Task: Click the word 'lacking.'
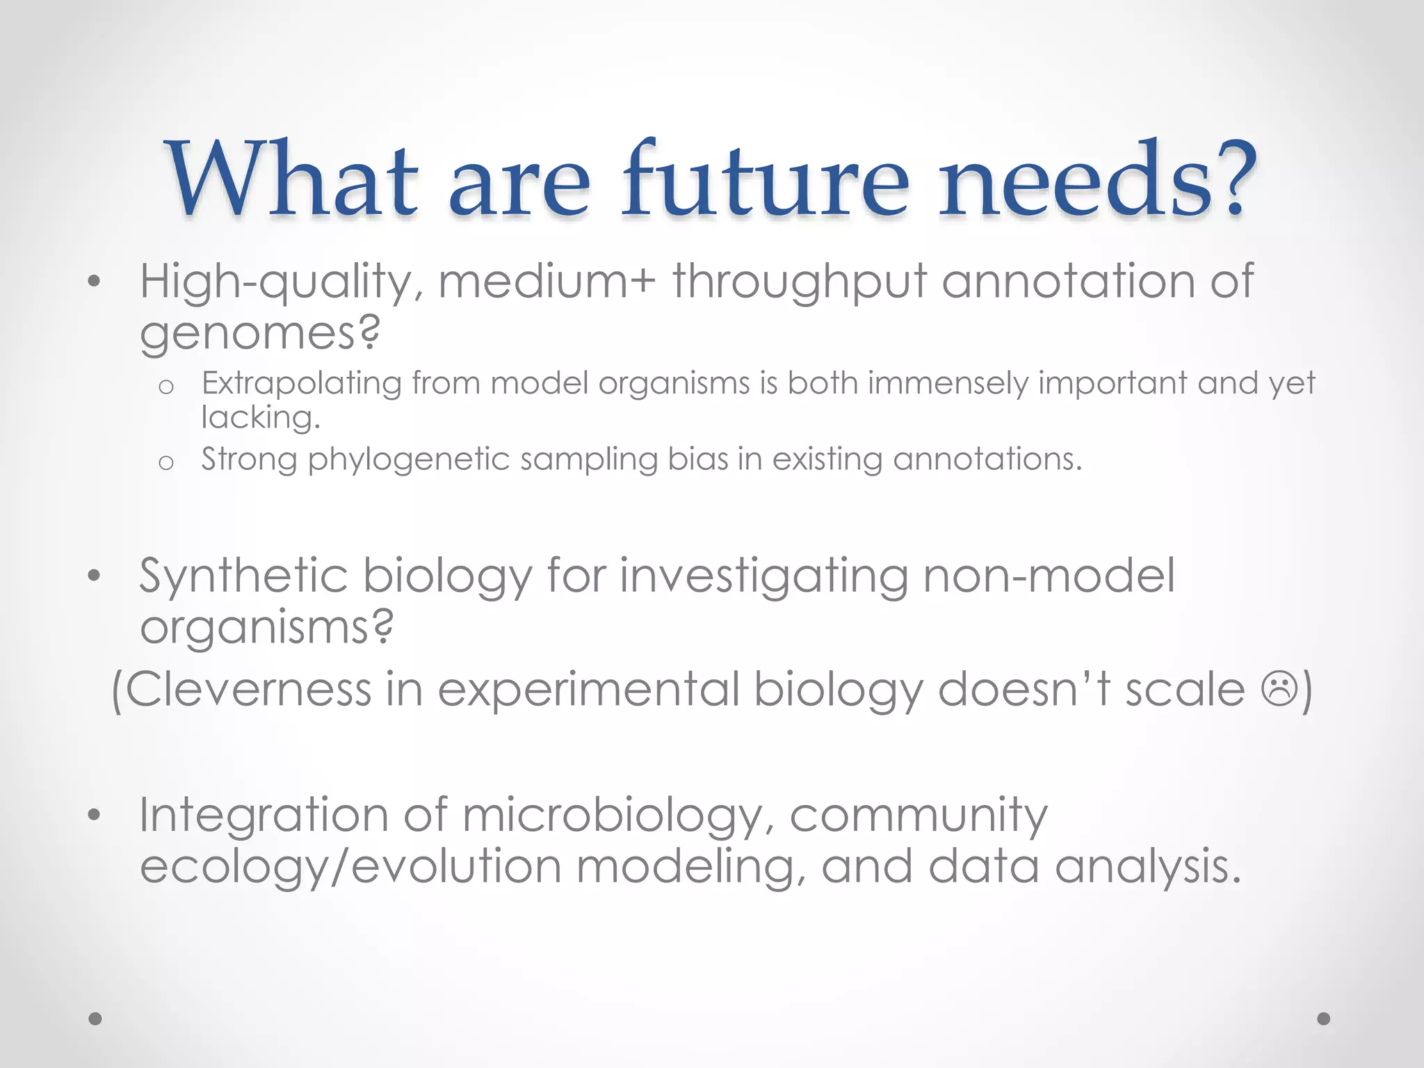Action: point(261,418)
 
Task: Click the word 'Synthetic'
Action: point(243,577)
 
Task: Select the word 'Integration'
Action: point(264,816)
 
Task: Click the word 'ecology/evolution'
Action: point(350,868)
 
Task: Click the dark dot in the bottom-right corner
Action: point(1324,1019)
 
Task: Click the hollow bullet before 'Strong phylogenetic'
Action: point(165,462)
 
